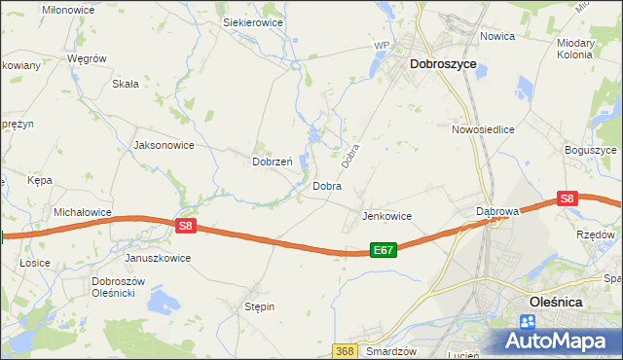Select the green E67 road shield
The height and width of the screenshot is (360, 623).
pyautogui.click(x=384, y=250)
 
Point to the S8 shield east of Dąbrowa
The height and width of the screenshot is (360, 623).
pyautogui.click(x=568, y=198)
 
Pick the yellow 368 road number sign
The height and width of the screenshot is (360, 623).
pyautogui.click(x=344, y=350)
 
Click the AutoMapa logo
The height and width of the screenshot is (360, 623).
pyautogui.click(x=560, y=341)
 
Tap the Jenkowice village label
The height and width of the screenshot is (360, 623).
pyautogui.click(x=387, y=216)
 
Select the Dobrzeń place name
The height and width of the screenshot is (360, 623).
pyautogui.click(x=273, y=162)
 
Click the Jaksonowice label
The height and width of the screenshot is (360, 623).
pyautogui.click(x=164, y=145)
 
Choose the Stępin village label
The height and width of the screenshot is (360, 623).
pyautogui.click(x=259, y=306)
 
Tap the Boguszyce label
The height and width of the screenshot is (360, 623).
pyautogui.click(x=591, y=151)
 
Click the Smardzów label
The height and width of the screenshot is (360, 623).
pyautogui.click(x=392, y=350)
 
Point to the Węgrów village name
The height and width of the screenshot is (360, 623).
pyautogui.click(x=87, y=58)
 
